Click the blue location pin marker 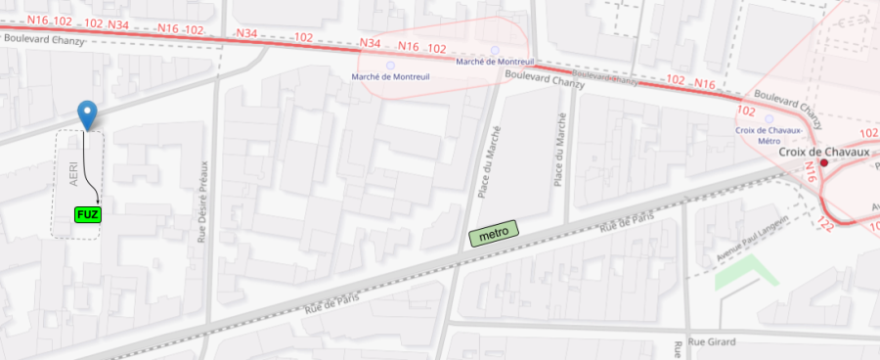coord(88,113)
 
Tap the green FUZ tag coord(87,213)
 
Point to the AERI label coord(72,174)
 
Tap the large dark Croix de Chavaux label coord(823,153)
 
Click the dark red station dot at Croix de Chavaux coord(824,164)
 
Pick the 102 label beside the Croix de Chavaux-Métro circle coord(748,112)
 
